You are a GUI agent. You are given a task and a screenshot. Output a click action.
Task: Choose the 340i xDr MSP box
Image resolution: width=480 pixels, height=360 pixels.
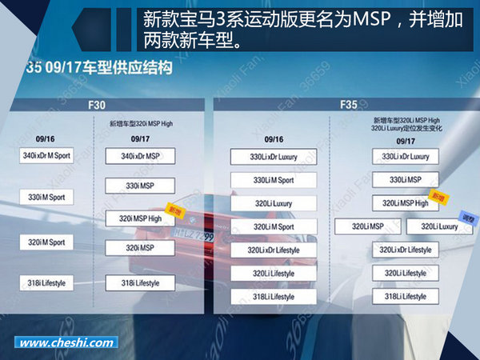tap(141, 156)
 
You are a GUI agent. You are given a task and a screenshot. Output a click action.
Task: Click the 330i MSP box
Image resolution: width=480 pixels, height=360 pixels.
tap(141, 186)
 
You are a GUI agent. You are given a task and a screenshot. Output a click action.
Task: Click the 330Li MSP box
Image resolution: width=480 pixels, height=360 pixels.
tap(405, 180)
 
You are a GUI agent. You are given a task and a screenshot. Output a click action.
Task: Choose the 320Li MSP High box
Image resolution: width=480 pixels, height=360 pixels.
tap(405, 203)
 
